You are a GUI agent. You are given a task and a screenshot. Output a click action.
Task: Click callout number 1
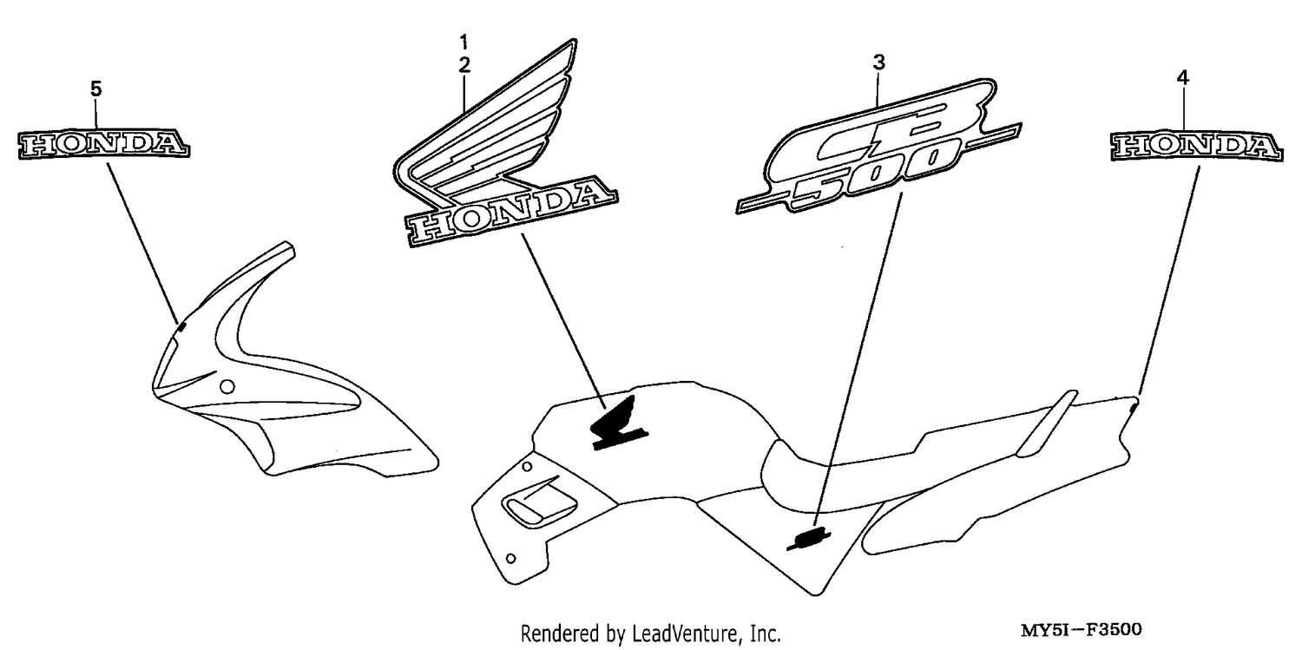(464, 42)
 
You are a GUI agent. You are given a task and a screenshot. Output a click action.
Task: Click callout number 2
(464, 65)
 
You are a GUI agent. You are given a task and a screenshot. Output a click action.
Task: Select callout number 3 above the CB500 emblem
(878, 62)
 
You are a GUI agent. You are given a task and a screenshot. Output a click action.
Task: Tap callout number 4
(1183, 78)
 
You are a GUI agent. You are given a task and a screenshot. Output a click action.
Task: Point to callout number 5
(95, 89)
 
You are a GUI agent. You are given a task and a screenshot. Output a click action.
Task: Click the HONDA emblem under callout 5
(103, 143)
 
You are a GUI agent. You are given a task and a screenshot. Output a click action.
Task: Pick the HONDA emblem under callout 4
(1196, 145)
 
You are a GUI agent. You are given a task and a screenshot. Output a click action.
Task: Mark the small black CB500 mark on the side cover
(808, 538)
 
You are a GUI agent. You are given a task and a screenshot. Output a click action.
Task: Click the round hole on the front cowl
(227, 386)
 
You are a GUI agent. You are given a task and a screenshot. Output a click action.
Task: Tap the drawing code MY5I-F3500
(1082, 629)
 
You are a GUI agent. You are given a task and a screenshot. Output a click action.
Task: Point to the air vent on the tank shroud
(537, 502)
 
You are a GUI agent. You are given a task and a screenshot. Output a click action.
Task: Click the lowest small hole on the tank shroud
(511, 558)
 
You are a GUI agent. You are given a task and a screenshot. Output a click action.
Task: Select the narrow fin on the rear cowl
(1046, 423)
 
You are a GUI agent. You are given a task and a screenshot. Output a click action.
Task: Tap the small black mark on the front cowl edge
(181, 328)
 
